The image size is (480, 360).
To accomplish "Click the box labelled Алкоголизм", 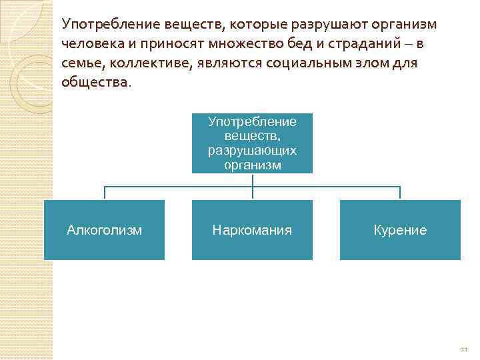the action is [x=104, y=230].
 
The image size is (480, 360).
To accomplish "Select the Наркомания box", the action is [x=252, y=230].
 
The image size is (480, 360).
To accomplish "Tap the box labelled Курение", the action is [x=400, y=230].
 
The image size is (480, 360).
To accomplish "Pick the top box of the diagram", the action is [x=252, y=143].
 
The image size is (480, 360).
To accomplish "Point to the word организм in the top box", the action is [x=252, y=165].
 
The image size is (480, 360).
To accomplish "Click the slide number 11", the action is [x=464, y=349].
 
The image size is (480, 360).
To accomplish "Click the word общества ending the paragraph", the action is [x=93, y=83].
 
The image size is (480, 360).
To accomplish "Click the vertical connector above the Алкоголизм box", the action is [x=104, y=193].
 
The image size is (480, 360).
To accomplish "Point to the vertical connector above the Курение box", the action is [x=400, y=193].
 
